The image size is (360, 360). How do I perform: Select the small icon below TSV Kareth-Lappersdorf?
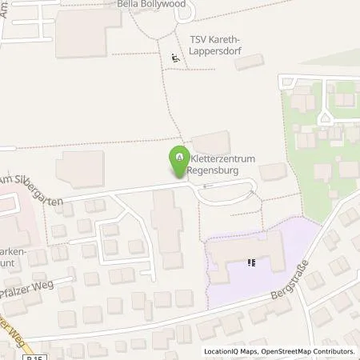tap(174, 57)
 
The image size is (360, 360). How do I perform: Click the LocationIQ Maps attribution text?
tap(230, 351)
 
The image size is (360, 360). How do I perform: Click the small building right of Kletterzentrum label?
tap(273, 171)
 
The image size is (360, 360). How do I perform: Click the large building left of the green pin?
tap(80, 170)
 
